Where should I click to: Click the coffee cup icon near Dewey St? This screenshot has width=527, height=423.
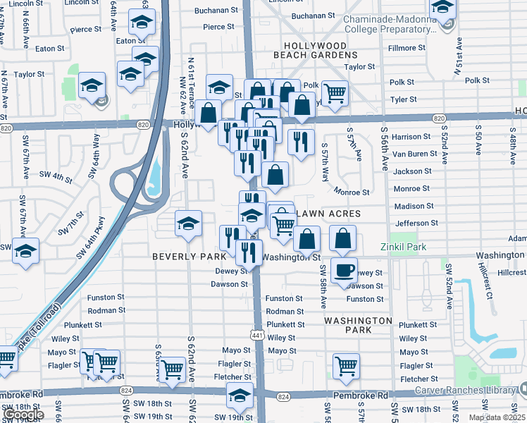pos(344,270)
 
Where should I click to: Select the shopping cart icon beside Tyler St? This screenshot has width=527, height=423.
pos(335,92)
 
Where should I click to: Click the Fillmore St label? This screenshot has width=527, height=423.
pos(407,48)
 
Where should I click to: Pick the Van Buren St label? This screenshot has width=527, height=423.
pos(411,154)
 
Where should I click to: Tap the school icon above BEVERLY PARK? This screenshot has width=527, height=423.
pos(188,223)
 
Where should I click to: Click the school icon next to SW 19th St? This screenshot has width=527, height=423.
pos(240,396)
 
